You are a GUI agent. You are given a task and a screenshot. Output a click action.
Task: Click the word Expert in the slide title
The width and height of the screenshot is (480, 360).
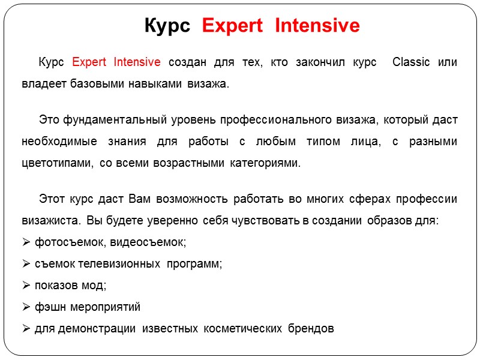(x=232, y=26)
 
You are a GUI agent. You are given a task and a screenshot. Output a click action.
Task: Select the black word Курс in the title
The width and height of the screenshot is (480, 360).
(x=167, y=26)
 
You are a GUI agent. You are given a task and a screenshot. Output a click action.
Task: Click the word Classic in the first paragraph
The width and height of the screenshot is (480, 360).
(x=412, y=62)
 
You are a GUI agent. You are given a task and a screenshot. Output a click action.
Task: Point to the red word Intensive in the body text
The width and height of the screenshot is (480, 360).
(x=137, y=62)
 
